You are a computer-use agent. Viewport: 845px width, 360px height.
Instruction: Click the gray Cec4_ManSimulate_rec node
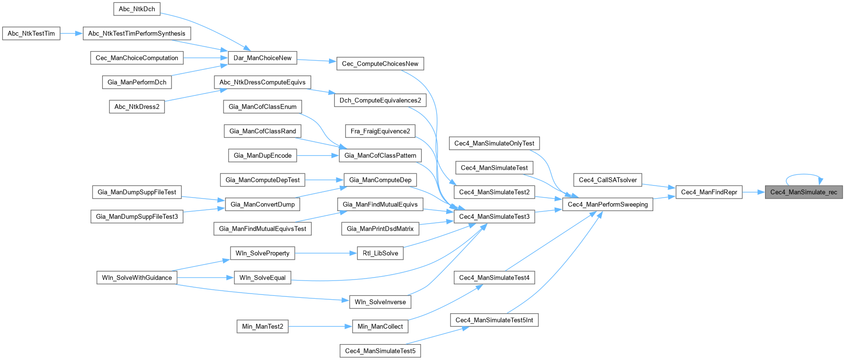coord(804,192)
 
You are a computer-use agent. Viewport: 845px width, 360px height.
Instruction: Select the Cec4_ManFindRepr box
coord(709,192)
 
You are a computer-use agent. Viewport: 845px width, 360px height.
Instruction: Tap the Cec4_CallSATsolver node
coord(607,180)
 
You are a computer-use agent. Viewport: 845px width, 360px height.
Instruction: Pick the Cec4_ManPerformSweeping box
coord(607,204)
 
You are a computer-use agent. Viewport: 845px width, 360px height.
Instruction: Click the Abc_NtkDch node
coord(137,9)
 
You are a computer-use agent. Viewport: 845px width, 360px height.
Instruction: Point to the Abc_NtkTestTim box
coord(31,33)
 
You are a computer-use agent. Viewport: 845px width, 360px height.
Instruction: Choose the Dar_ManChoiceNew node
coord(262,58)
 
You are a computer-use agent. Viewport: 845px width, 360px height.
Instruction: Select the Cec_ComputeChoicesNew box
coord(380,64)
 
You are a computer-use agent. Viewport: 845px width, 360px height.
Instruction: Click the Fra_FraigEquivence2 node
coord(380,131)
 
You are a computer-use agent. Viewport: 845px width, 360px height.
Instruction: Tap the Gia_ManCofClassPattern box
coord(380,155)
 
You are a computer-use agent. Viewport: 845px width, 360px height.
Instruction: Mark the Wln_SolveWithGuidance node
coord(137,278)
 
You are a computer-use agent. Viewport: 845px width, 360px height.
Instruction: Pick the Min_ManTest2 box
coord(263,326)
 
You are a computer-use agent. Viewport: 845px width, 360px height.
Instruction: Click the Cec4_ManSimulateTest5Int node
coord(494,320)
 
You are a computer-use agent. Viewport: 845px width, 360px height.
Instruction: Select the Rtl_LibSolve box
coord(380,253)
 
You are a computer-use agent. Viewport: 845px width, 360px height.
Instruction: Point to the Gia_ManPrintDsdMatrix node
coord(380,228)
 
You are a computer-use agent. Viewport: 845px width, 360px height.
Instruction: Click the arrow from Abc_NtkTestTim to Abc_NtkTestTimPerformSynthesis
coord(72,33)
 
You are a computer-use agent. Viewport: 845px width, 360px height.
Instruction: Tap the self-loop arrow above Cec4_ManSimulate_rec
coord(804,175)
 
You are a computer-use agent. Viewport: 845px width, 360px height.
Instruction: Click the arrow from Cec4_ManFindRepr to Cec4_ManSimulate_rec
coord(753,192)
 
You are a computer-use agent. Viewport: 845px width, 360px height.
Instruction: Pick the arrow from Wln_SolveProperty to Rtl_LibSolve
coord(326,253)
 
